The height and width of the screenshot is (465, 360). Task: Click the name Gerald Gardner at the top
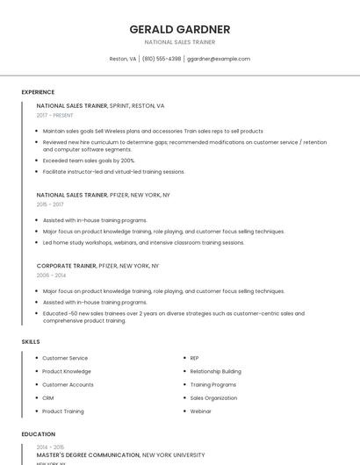(179, 29)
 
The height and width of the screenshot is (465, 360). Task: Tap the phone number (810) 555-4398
(162, 59)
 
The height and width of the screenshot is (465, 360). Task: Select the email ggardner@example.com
(218, 59)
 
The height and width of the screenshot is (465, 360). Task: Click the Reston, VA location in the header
(122, 59)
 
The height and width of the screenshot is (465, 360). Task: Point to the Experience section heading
(38, 92)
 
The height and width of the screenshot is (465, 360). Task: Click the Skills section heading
(31, 341)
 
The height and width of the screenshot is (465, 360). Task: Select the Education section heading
(38, 434)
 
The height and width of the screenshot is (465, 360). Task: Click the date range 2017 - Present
(55, 115)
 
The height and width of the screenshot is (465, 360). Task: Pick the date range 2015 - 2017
(51, 204)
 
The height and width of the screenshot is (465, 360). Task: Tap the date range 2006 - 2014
(51, 275)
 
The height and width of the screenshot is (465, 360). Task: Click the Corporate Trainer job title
(66, 265)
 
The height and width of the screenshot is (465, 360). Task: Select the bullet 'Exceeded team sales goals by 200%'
(89, 161)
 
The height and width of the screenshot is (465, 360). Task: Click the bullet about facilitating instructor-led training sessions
(113, 172)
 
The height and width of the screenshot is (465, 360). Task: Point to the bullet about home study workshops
(143, 242)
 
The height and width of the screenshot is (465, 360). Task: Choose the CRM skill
(48, 397)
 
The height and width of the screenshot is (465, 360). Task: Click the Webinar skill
(201, 411)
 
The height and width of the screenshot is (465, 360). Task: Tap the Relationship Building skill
(215, 371)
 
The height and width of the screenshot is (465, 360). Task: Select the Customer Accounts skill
(68, 384)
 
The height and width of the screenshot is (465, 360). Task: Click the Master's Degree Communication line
(88, 455)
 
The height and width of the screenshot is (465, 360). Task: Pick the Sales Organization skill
(213, 397)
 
